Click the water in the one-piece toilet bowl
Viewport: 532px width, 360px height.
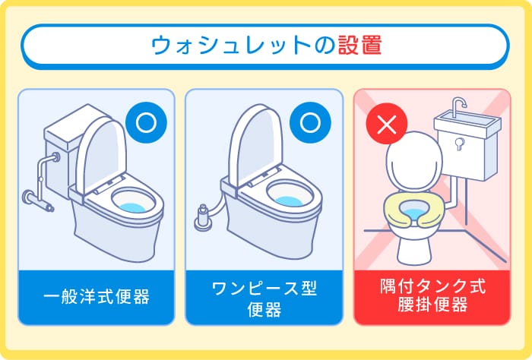point(293,201)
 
